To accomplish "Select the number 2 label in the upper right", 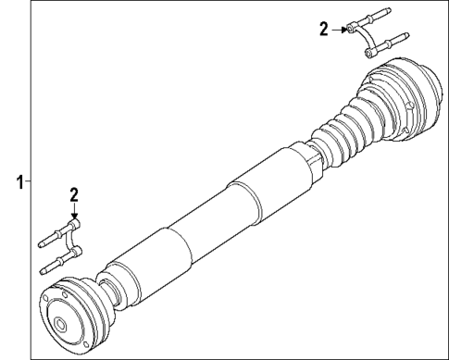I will pyautogui.click(x=323, y=30).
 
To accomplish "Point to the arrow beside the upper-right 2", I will pyautogui.click(x=342, y=30).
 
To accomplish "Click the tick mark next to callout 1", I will pyautogui.click(x=29, y=180).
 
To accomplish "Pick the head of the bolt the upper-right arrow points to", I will pyautogui.click(x=354, y=31).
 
